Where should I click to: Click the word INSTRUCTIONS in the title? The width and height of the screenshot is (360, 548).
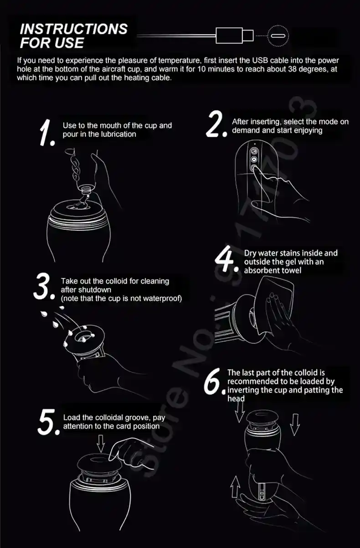[x=74, y=29]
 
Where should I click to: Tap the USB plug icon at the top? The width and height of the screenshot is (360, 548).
[x=234, y=36]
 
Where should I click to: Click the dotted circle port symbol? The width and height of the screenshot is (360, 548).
[x=278, y=36]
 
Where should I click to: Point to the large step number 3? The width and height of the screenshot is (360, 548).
[x=44, y=286]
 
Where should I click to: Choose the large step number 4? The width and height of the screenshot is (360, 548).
[x=226, y=258]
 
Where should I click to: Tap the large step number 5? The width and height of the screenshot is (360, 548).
[x=48, y=423]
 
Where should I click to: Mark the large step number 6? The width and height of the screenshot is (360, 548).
[x=214, y=382]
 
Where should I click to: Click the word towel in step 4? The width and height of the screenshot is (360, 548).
[x=291, y=270]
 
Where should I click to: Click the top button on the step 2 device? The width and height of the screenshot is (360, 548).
[x=254, y=151]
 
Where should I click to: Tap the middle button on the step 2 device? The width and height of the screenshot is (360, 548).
[x=254, y=160]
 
